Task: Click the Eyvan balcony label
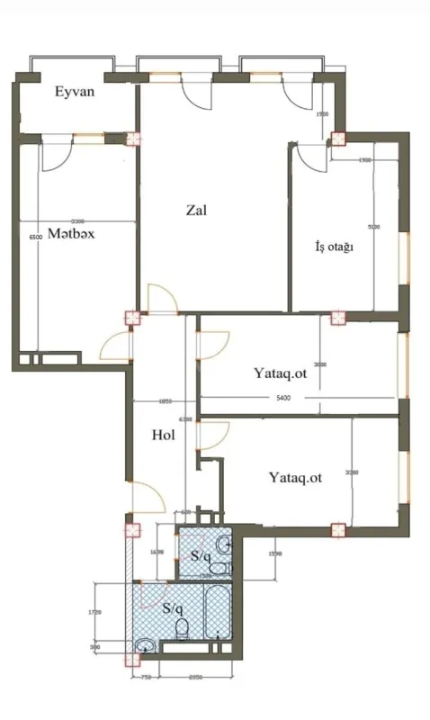(x=74, y=92)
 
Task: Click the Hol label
(x=162, y=435)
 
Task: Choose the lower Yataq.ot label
(x=294, y=478)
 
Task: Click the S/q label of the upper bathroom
(x=201, y=557)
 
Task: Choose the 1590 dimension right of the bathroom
(x=277, y=553)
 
